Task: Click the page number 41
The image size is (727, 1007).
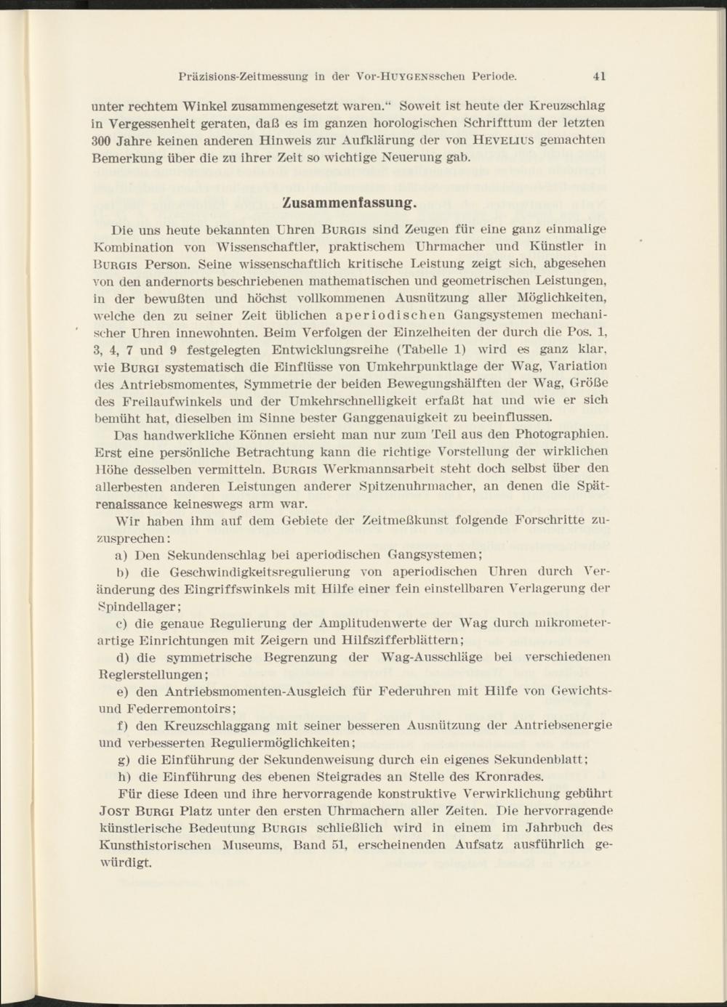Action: point(599,76)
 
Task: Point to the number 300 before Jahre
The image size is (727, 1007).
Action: point(105,140)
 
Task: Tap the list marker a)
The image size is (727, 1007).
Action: point(123,554)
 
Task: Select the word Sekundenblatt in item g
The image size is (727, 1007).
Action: point(539,759)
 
